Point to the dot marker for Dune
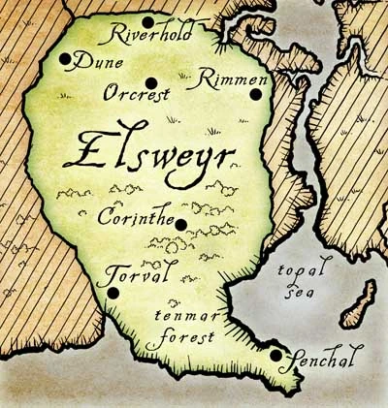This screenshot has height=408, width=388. click(65, 59)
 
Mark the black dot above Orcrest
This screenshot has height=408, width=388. click(150, 81)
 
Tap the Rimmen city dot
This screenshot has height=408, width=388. click(255, 94)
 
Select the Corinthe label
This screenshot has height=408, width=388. click(137, 217)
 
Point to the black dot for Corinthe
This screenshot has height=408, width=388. click(180, 225)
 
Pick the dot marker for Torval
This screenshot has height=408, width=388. click(113, 292)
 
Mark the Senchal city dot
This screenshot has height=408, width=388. click(276, 356)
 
